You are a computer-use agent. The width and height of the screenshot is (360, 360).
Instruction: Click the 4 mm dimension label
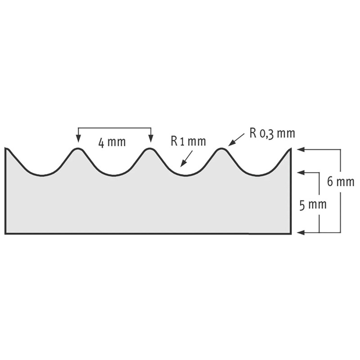112,143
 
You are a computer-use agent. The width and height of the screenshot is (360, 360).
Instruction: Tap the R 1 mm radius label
188,141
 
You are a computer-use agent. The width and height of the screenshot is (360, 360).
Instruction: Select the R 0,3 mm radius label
272,134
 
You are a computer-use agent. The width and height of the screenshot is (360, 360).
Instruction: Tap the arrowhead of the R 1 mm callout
182,165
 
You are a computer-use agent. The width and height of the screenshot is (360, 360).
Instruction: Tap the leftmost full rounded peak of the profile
78,149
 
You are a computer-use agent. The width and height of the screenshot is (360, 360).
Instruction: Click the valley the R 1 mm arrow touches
184,175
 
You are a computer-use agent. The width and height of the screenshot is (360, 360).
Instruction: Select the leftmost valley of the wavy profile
41,175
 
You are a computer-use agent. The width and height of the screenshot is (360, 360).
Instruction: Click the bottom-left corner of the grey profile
6,233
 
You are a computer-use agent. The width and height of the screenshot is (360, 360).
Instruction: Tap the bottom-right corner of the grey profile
290,233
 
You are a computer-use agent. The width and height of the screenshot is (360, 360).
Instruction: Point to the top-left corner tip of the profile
6,148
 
